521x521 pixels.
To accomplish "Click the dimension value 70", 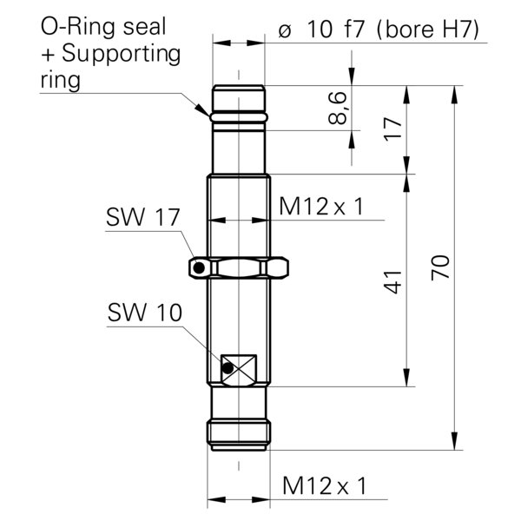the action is point(440,267).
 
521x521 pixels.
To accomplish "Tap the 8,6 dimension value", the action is point(338,109).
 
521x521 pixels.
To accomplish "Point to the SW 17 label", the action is point(142,217).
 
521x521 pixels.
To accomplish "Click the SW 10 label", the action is point(144,313).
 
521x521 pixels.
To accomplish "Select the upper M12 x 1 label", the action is point(321,207).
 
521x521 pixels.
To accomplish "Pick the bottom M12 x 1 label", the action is point(324,485).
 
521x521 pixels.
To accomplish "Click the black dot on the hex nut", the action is point(199,267).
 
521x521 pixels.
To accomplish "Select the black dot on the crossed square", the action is point(228,368).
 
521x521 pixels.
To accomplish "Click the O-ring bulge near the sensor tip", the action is point(239,116).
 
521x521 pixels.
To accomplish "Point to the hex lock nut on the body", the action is point(239,267).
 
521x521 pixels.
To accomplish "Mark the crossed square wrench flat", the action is point(239,371).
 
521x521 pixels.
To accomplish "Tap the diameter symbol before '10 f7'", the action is point(285,31).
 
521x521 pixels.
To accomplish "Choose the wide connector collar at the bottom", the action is point(239,433).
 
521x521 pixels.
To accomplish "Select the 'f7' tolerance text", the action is point(354,30).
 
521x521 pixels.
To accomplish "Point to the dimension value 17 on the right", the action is point(393,129).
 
